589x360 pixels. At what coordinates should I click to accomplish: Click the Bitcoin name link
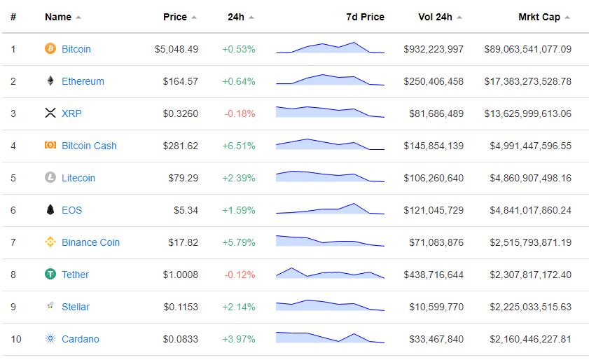[x=76, y=49]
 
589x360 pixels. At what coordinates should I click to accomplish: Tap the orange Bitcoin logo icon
[x=50, y=49]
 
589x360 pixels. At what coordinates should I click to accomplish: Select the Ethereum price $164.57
[x=180, y=81]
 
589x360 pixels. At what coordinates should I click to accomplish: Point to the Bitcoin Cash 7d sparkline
[x=330, y=145]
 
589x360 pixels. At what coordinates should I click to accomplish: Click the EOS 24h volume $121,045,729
[x=434, y=210]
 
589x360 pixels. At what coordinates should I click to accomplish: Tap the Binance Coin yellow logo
[x=50, y=242]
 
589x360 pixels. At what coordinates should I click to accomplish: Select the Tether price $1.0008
[x=180, y=275]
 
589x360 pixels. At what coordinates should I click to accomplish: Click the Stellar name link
[x=76, y=307]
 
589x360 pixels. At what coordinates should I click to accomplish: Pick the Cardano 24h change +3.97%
[x=238, y=339]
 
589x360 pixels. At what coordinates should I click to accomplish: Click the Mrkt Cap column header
[x=539, y=17]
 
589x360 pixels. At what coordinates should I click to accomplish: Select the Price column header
[x=175, y=17]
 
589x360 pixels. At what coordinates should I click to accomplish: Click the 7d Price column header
[x=365, y=17]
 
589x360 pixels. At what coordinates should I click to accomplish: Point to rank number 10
[x=16, y=339]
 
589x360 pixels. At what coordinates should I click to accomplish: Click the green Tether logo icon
[x=50, y=275]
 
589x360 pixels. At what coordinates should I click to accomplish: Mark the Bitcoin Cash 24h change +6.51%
[x=238, y=146]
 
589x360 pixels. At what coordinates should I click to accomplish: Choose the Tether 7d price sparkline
[x=330, y=274]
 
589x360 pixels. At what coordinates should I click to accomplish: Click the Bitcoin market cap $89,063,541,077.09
[x=527, y=49]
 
